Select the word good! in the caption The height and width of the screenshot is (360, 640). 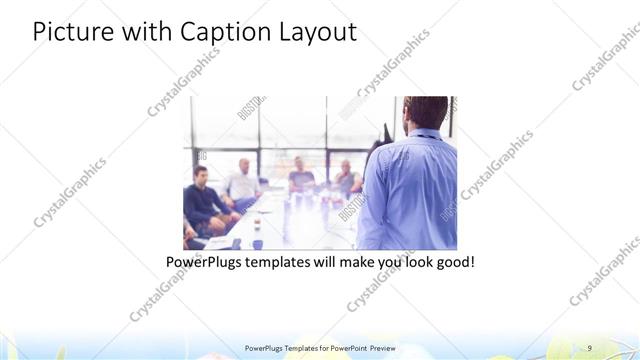point(452,263)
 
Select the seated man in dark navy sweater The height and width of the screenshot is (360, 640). point(203,200)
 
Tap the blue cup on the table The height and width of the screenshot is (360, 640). point(257,243)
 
